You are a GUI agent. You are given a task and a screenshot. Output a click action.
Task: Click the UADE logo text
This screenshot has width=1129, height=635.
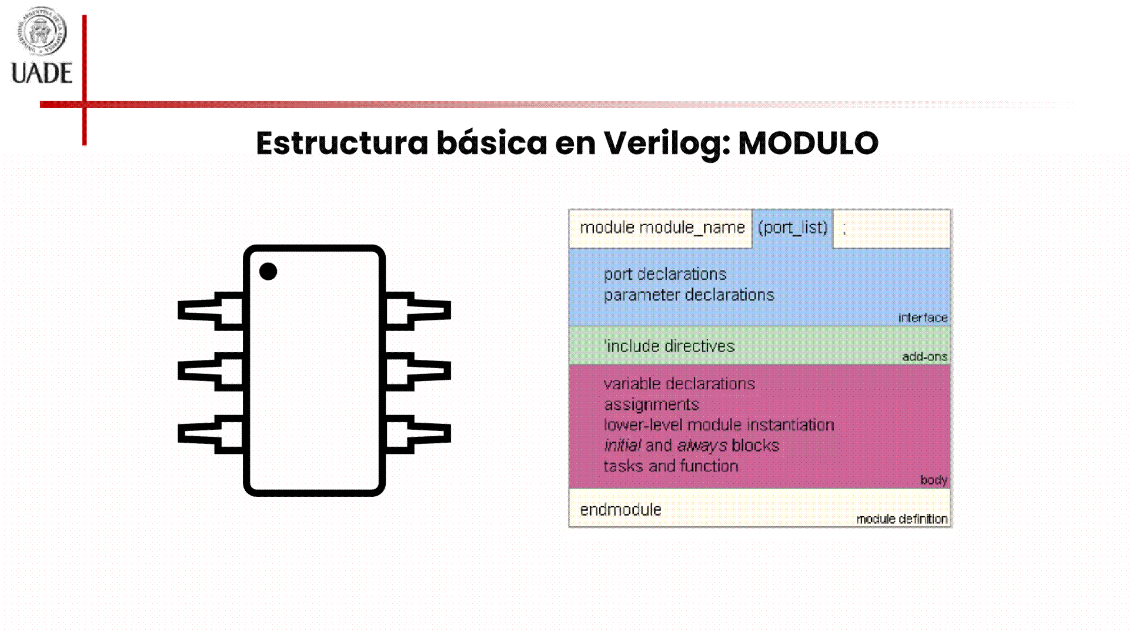(x=42, y=73)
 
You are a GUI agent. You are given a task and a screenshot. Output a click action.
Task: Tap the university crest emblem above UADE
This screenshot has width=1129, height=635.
(x=42, y=31)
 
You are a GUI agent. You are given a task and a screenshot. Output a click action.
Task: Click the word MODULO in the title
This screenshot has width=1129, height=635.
(x=808, y=143)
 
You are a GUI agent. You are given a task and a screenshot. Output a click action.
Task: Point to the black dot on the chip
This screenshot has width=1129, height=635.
(x=268, y=272)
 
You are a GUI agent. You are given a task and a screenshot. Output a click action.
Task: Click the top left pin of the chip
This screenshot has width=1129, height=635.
(x=211, y=310)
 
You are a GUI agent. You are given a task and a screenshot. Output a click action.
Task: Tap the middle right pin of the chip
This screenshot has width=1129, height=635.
(x=418, y=372)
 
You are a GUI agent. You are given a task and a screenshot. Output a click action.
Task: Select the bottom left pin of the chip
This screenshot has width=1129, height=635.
(x=211, y=435)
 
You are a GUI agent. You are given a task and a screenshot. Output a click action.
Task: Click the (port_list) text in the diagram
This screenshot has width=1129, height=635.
(x=793, y=228)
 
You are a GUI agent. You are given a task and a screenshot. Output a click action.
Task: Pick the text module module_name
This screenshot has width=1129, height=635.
(x=662, y=228)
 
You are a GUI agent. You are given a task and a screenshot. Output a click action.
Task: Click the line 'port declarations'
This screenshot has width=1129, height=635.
(x=665, y=274)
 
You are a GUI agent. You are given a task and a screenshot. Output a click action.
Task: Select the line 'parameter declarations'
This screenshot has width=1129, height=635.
(x=689, y=295)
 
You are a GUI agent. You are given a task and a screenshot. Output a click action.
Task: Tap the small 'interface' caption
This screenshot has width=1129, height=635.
(x=923, y=317)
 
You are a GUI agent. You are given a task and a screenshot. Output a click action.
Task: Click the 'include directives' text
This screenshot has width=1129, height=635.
(x=669, y=346)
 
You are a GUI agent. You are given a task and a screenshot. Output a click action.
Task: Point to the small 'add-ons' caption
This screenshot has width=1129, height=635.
(x=924, y=356)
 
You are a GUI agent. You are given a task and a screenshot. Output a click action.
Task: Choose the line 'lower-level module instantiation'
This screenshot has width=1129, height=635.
(x=719, y=425)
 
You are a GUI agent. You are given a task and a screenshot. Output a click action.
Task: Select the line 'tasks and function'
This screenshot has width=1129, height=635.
(x=671, y=466)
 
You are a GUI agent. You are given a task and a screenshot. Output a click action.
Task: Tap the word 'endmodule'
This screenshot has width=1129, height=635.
(x=620, y=509)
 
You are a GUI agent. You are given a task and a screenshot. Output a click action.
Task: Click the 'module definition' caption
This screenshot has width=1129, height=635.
(x=902, y=519)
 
